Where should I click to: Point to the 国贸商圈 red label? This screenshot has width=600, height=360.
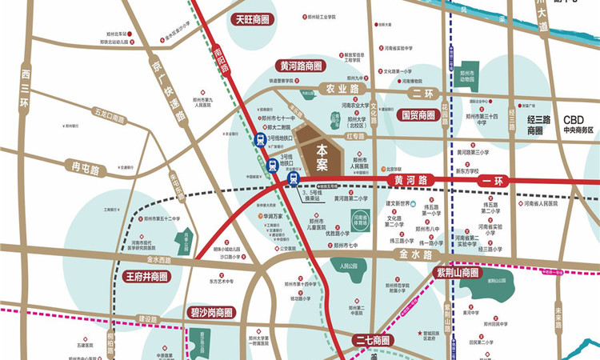click(417, 114)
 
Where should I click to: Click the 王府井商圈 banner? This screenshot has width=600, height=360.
click(147, 277)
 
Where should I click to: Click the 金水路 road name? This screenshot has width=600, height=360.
click(415, 254)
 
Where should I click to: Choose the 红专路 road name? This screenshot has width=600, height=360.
click(354, 137)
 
